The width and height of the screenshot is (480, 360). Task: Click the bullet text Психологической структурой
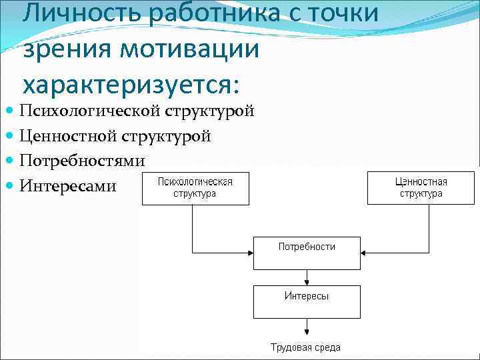click(x=137, y=111)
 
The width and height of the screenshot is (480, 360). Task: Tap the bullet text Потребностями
click(x=83, y=161)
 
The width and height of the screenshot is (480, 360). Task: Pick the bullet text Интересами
click(x=68, y=185)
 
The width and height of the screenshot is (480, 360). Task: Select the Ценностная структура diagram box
click(x=421, y=187)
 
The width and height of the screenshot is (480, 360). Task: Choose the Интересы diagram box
click(x=306, y=301)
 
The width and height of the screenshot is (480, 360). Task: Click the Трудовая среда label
click(x=306, y=347)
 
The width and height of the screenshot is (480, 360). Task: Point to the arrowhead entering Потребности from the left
click(x=249, y=253)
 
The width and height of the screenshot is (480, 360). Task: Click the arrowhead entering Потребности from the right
click(x=363, y=253)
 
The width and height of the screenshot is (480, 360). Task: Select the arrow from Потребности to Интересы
click(x=306, y=277)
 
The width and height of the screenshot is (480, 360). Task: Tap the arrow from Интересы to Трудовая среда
click(x=306, y=327)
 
